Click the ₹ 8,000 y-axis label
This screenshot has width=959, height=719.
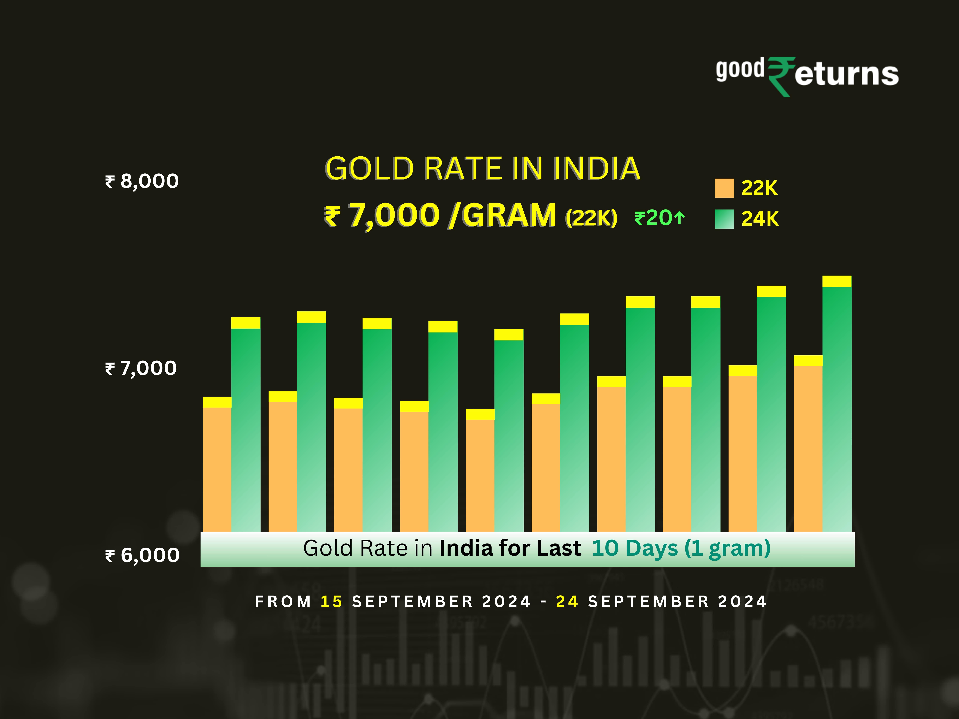142,181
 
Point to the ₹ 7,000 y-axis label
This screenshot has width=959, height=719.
141,368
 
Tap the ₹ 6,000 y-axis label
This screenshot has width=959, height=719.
142,555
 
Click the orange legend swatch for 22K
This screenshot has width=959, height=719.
724,188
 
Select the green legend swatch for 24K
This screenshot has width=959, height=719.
724,219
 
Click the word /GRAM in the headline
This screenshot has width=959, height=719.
503,215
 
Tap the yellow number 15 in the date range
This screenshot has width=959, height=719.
331,602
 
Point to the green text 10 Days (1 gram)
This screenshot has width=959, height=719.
681,548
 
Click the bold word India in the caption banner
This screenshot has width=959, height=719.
466,548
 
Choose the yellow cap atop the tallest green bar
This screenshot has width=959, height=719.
837,281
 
